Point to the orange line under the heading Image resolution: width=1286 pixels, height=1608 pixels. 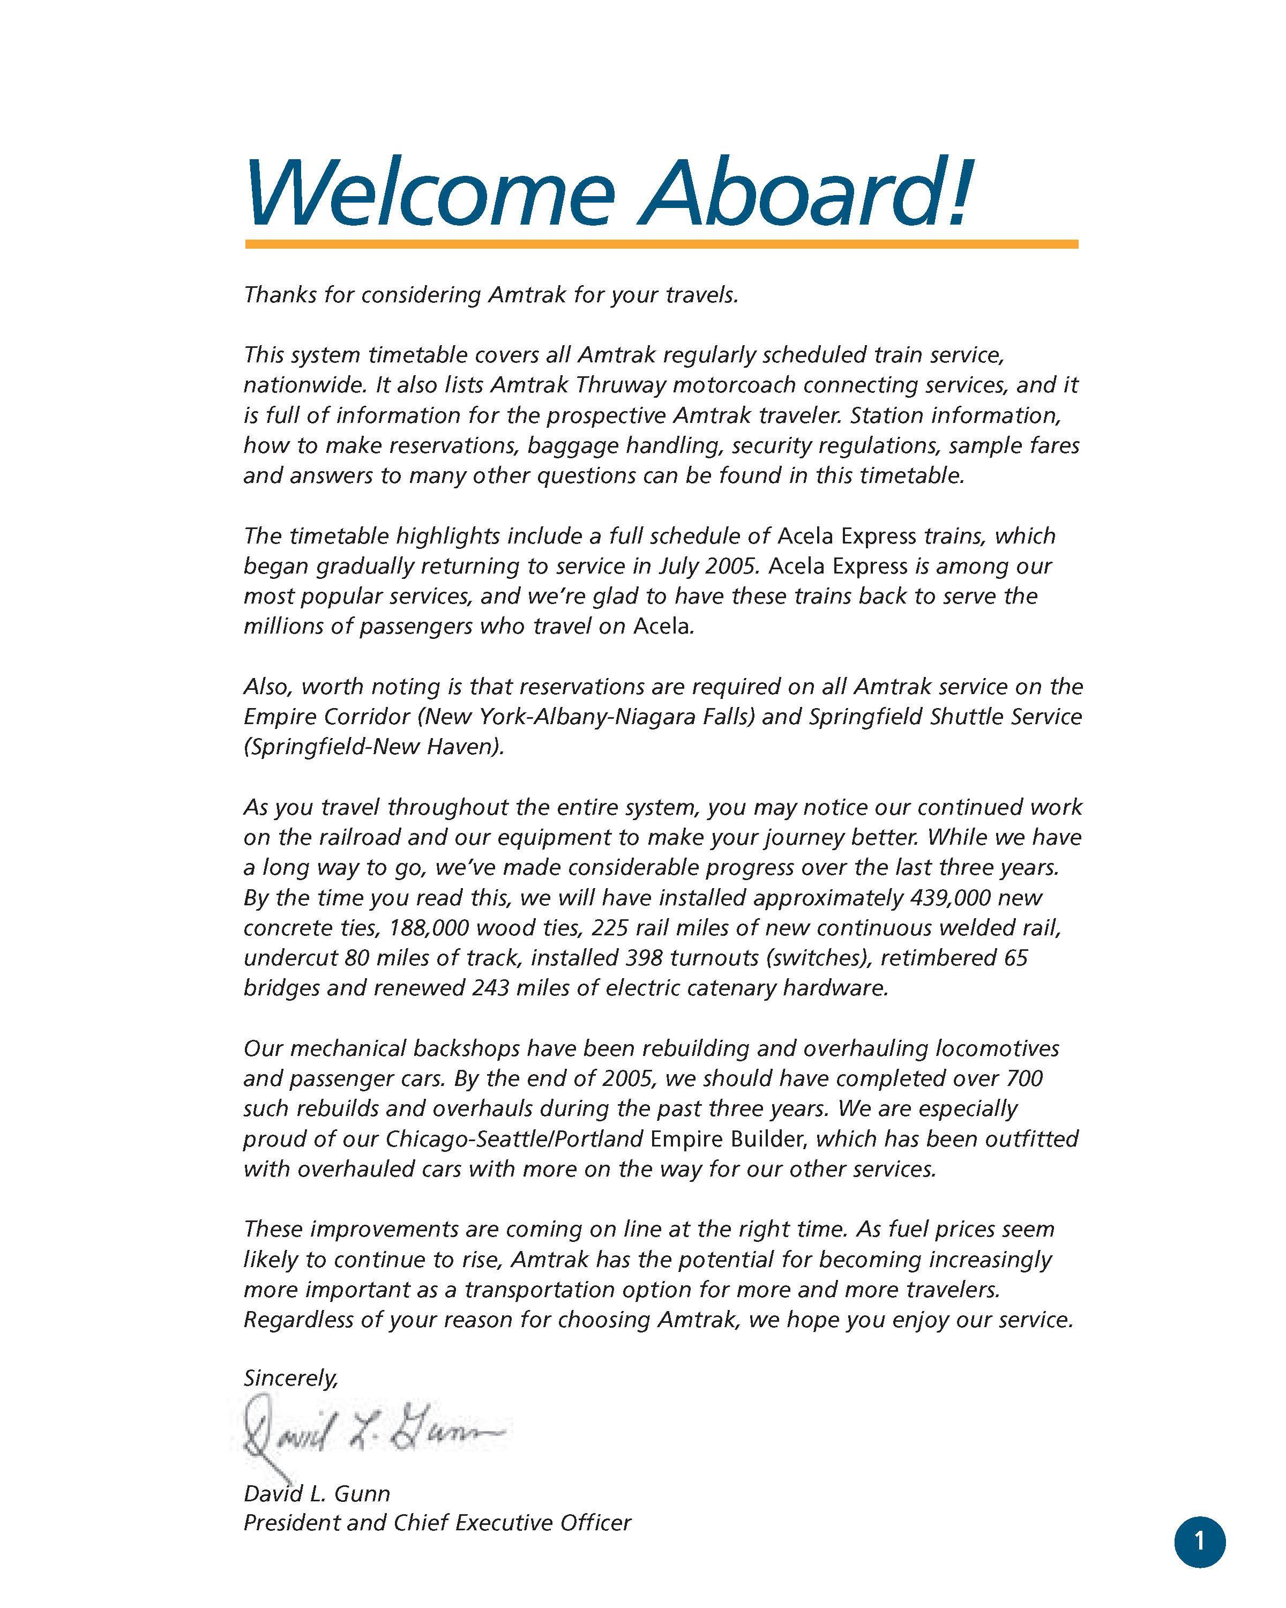point(661,244)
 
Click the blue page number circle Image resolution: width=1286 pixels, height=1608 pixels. point(1200,1541)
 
